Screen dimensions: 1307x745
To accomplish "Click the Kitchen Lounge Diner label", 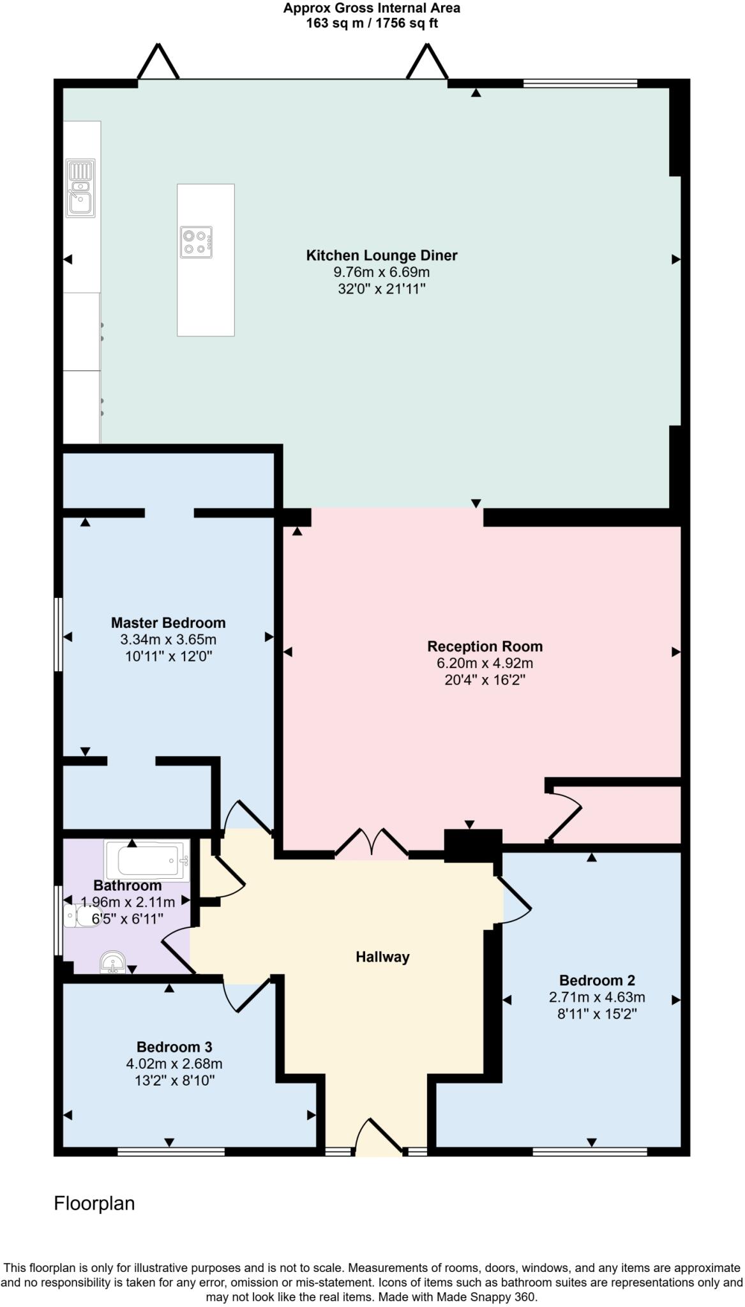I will point(382,255).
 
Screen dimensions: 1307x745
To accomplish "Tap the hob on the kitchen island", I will point(196,243).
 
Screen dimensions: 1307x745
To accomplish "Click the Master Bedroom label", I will point(168,623).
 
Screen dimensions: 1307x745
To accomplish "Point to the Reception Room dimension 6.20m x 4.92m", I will point(485,663).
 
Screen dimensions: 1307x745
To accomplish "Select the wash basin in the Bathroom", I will point(113,962).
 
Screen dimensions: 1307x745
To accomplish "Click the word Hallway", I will point(382,957).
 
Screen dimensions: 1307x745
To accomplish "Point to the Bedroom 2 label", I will point(596,980).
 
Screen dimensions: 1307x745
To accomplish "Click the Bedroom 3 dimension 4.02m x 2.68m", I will point(174,1064).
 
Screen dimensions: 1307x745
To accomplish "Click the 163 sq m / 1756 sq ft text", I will point(372,24).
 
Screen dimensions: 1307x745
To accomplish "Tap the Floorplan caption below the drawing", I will point(94,1204).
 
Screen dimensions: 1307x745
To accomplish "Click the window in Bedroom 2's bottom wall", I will point(589,1152).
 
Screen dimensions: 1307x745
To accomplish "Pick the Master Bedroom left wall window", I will point(58,634).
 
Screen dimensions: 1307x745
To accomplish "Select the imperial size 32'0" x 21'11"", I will point(381,288).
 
